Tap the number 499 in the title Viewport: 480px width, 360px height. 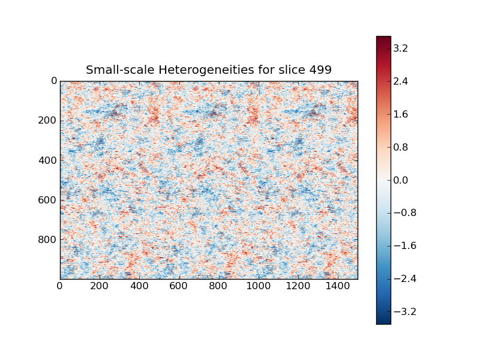click(x=320, y=70)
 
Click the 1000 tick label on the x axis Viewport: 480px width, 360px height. click(x=259, y=287)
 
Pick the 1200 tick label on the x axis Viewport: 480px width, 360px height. click(x=298, y=287)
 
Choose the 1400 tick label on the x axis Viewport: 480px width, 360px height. click(x=338, y=287)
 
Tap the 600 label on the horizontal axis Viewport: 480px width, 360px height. click(x=179, y=287)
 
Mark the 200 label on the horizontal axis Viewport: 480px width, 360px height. click(x=100, y=287)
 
